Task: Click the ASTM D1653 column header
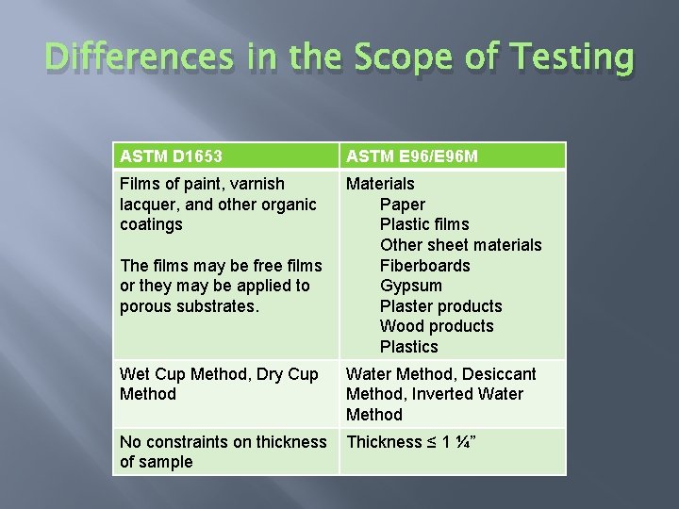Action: tap(172, 156)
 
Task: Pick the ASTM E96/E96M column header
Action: tap(411, 156)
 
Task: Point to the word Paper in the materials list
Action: tap(402, 205)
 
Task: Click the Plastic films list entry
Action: tap(423, 224)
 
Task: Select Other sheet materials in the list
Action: tap(460, 245)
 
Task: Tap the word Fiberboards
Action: tap(424, 266)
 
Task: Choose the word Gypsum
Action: tap(410, 286)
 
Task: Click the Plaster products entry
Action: tap(440, 306)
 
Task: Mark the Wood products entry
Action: tap(436, 326)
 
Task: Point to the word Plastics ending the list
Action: tap(408, 347)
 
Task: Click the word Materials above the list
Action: tap(380, 184)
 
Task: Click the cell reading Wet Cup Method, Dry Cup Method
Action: tap(219, 384)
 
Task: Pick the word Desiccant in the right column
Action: tap(501, 374)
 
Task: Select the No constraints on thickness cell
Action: tap(223, 452)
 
